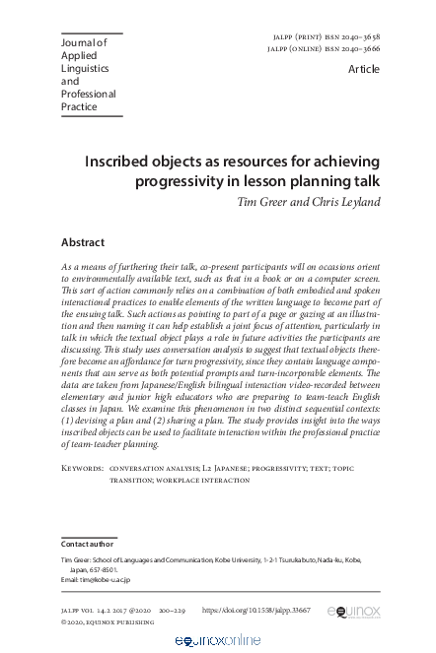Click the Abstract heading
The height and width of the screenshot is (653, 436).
pos(83,241)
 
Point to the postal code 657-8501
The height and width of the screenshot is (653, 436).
pos(99,568)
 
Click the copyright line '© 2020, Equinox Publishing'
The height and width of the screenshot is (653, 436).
pos(107,622)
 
